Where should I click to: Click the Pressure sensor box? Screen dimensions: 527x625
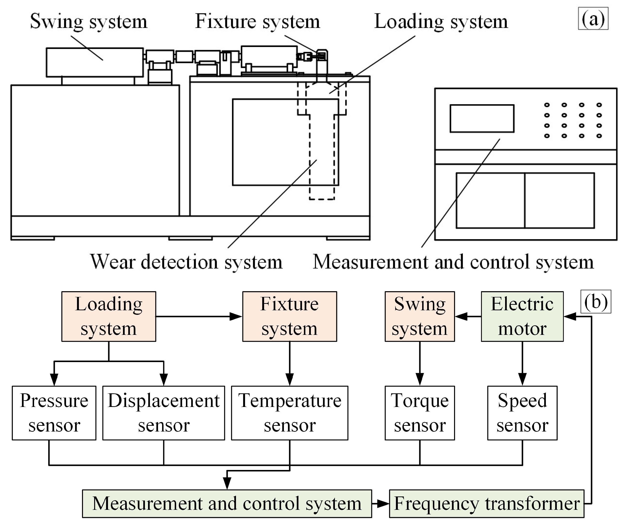click(54, 413)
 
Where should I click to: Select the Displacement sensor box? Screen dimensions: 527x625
click(164, 413)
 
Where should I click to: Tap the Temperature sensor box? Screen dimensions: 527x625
click(289, 413)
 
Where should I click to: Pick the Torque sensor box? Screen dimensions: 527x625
click(420, 413)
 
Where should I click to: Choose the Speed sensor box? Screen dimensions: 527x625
click(522, 413)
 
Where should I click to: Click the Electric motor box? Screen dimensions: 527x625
click(522, 316)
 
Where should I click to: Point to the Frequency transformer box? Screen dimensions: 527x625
click(486, 503)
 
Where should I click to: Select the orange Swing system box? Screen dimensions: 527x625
click(420, 316)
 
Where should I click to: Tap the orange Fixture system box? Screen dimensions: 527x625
click(289, 316)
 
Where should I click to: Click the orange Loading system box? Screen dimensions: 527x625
click(109, 316)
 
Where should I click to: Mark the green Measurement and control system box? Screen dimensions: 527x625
click(227, 503)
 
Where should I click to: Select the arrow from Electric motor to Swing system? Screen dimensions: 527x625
click(467, 316)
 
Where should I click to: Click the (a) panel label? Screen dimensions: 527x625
click(593, 19)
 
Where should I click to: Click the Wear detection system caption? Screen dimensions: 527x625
click(186, 262)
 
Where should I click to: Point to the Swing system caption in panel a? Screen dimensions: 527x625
click(89, 21)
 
